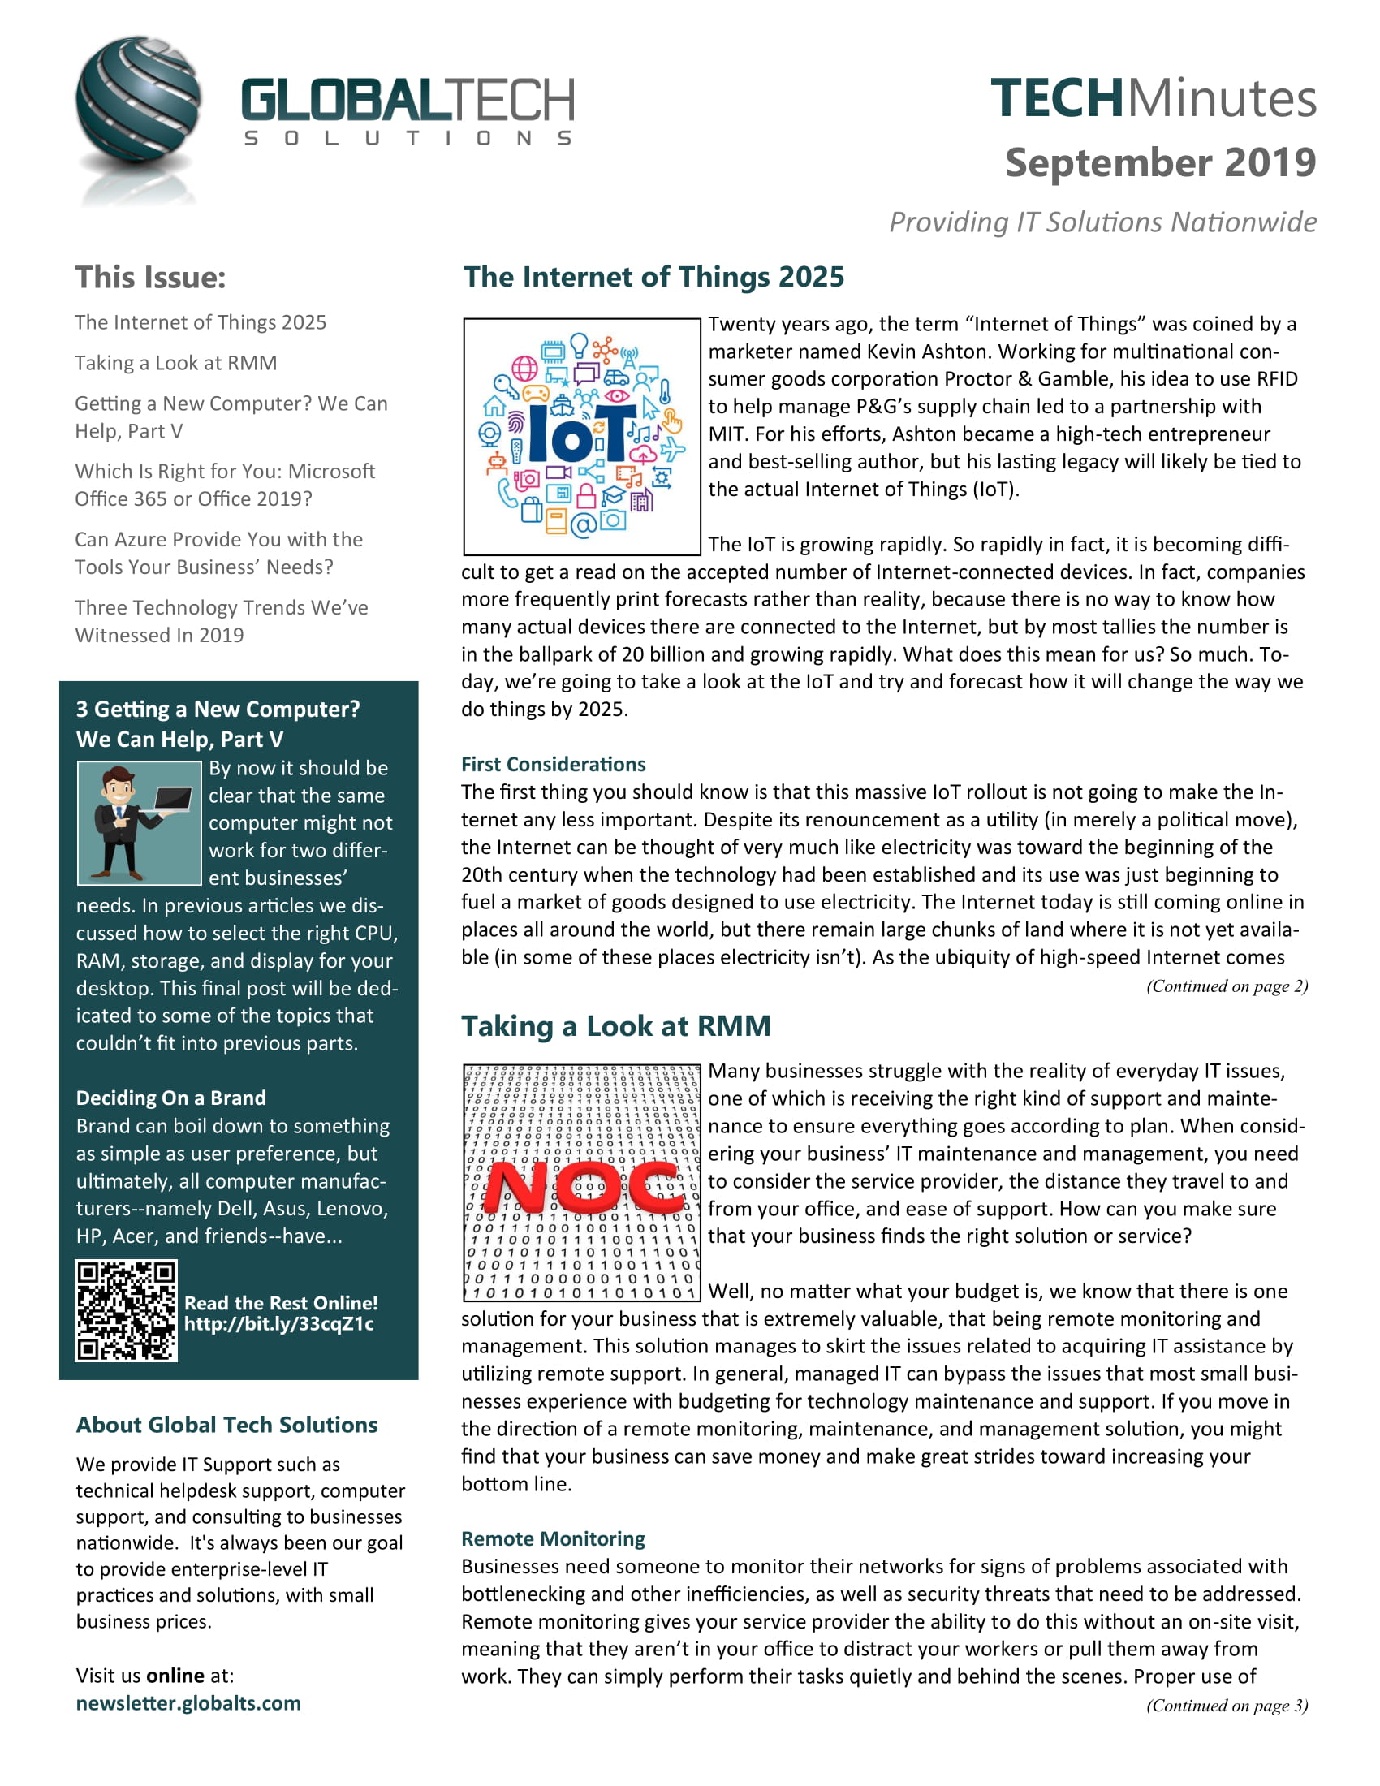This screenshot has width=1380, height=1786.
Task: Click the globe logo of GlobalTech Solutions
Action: click(137, 101)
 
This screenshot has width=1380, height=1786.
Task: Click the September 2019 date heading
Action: click(1159, 162)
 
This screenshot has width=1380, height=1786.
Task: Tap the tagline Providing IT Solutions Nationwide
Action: click(1102, 222)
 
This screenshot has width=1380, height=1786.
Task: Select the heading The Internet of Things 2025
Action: click(653, 277)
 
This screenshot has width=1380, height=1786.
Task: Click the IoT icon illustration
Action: click(581, 437)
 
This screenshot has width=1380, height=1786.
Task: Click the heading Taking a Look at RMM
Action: click(615, 1025)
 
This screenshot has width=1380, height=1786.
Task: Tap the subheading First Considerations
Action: click(553, 764)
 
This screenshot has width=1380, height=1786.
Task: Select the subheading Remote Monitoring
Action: click(553, 1538)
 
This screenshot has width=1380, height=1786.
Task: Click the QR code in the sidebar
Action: click(127, 1310)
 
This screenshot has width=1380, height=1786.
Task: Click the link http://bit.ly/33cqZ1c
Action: click(278, 1324)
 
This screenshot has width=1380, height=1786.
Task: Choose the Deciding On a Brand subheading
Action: click(170, 1098)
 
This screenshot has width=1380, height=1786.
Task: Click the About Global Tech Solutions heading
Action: click(226, 1425)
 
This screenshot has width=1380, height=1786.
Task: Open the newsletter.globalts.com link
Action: click(188, 1702)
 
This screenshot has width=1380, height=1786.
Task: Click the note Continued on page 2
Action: click(1227, 986)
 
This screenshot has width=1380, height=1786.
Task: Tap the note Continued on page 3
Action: click(1227, 1705)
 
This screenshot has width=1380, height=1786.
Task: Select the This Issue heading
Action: click(150, 277)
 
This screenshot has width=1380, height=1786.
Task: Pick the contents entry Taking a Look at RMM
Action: click(176, 362)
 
